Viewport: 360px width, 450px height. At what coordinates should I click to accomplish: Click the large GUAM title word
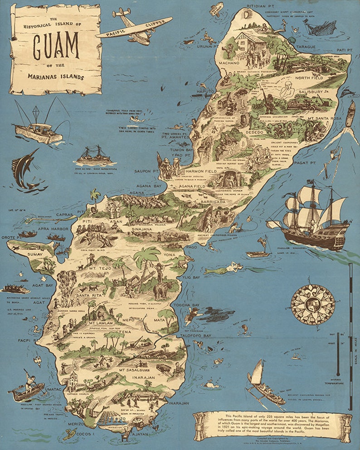55,47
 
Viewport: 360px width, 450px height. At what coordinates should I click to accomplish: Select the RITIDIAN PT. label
263,7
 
